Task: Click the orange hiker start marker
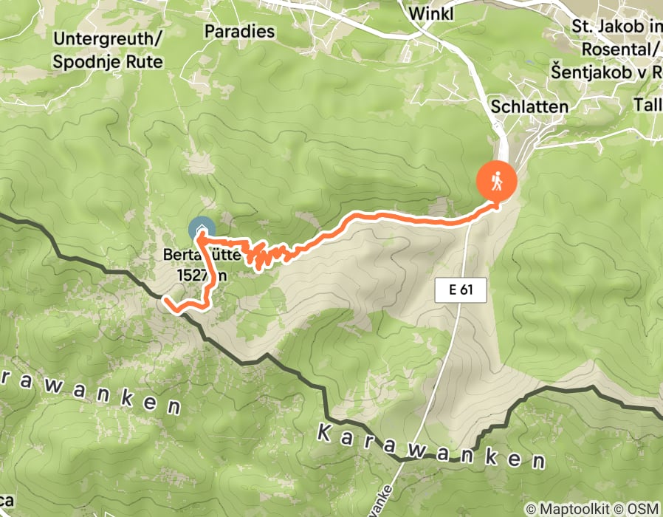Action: point(496,180)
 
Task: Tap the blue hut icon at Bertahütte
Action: point(202,230)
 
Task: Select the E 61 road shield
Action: point(460,290)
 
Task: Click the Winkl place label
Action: point(430,13)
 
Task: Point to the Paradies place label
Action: point(239,32)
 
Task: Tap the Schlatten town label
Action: point(530,106)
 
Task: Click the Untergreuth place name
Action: point(108,38)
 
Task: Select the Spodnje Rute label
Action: point(108,61)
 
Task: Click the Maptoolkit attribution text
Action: point(566,509)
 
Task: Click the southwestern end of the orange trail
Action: point(168,301)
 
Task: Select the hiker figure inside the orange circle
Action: point(496,180)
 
